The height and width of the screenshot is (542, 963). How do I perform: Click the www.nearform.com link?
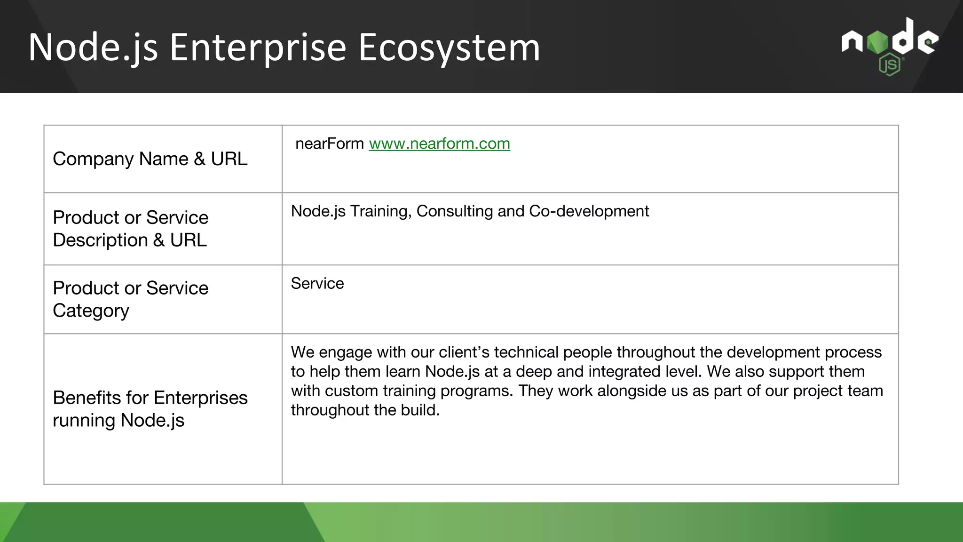pos(439,143)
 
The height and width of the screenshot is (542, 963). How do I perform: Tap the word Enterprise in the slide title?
pos(258,48)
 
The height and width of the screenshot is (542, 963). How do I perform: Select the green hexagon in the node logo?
pos(877,43)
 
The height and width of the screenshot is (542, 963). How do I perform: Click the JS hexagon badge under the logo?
pos(889,65)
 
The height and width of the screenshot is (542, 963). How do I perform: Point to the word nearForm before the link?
pos(329,143)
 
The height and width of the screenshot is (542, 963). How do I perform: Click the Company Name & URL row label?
pos(150,159)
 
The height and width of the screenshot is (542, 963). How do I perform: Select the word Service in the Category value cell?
pos(317,284)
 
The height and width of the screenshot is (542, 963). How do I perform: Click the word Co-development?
pos(589,211)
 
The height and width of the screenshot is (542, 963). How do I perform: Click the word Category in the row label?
pos(91,311)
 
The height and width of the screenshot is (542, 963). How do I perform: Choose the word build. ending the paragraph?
pos(420,410)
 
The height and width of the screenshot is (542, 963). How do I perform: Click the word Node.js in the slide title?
pos(93,48)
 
